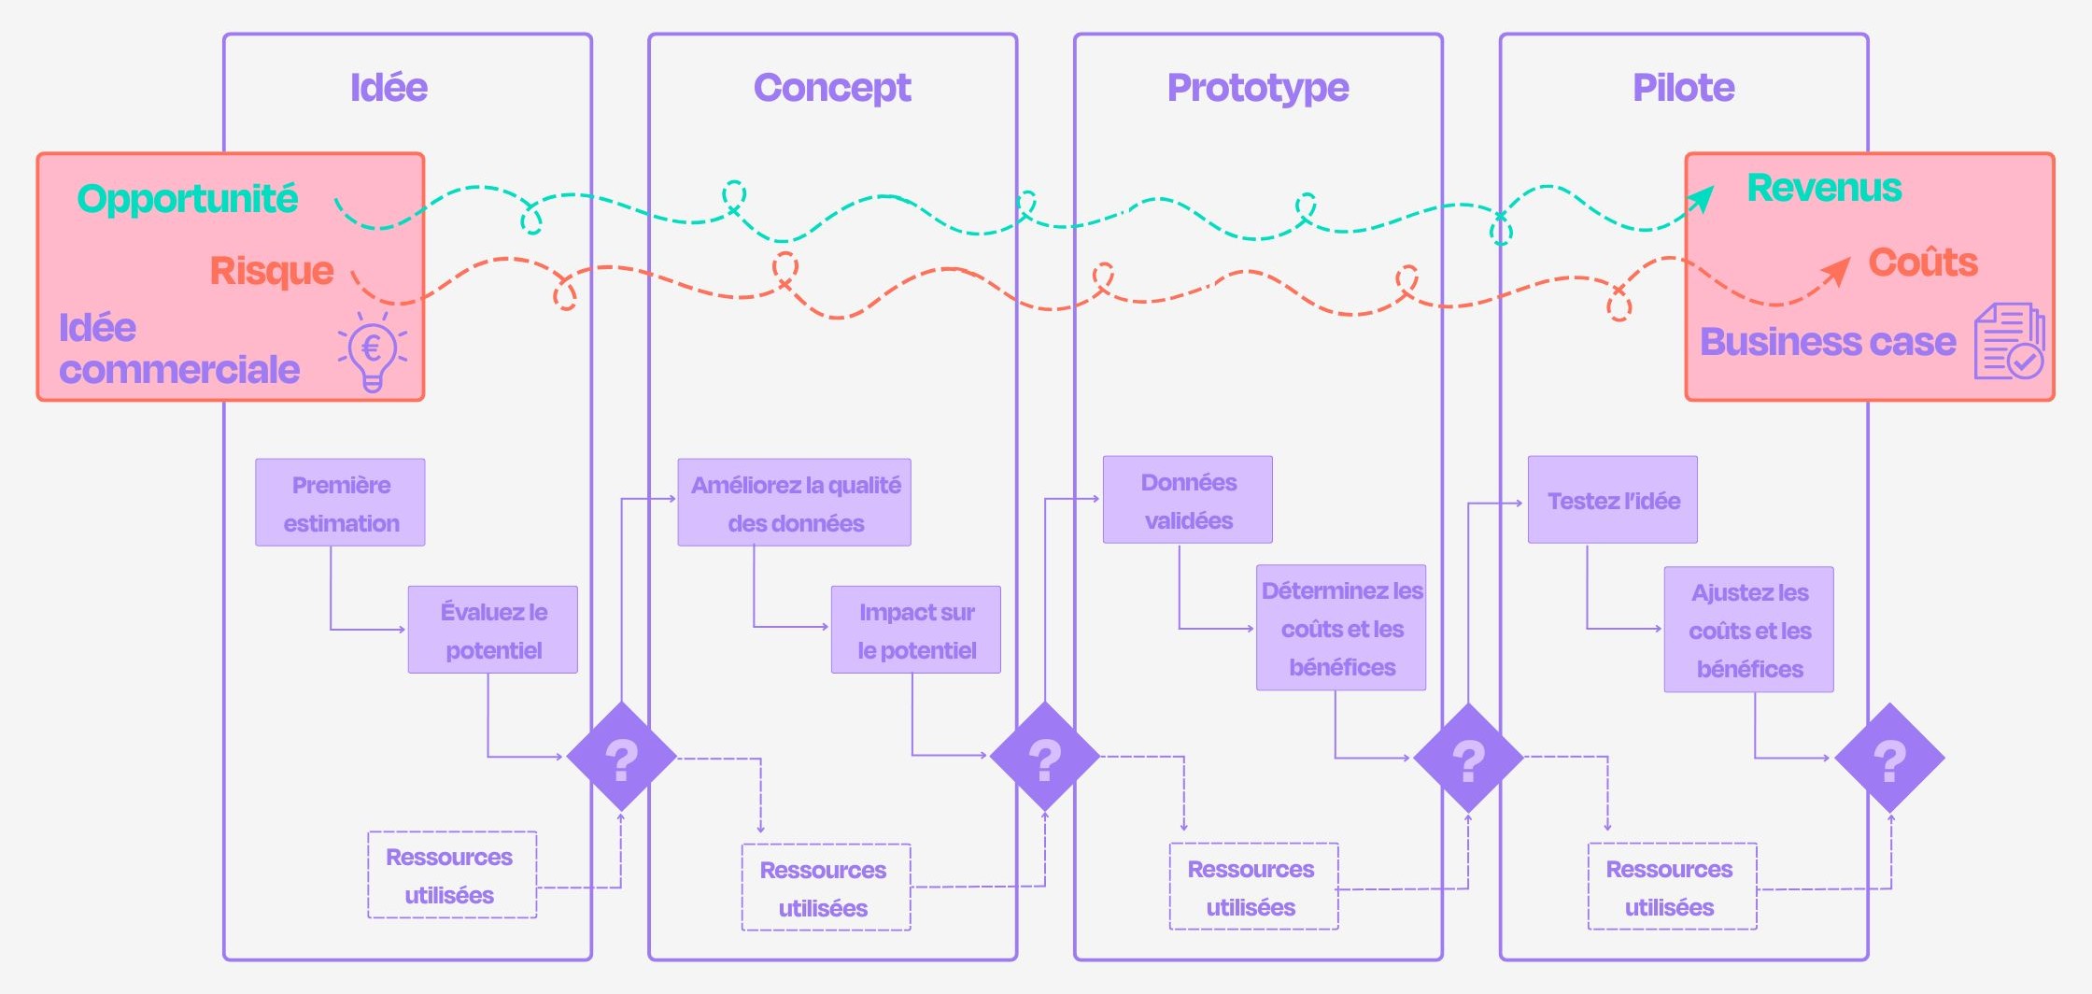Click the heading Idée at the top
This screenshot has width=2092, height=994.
(389, 87)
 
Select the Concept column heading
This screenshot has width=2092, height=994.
(832, 88)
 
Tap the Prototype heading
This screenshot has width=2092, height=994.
(1258, 89)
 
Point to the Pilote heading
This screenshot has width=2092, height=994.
(1684, 87)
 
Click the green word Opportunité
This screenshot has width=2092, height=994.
(187, 199)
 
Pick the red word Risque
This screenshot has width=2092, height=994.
(272, 271)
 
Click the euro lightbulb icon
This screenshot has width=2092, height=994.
(373, 351)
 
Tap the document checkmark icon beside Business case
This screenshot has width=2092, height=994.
(2009, 341)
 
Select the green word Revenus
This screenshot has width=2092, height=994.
(1824, 188)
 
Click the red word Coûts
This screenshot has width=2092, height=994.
(1923, 263)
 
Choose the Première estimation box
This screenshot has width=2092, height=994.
(340, 503)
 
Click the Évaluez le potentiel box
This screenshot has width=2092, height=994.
(492, 630)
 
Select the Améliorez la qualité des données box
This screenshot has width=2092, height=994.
(795, 503)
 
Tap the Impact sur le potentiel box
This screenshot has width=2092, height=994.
(916, 630)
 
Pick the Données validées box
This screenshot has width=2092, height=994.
(1188, 500)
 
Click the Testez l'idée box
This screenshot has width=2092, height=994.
(1613, 500)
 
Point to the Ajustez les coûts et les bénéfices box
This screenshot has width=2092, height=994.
(1749, 630)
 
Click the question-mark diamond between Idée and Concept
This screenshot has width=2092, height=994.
(621, 757)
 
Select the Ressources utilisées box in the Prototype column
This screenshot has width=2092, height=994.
(1253, 887)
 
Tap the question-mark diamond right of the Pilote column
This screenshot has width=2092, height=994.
(1890, 758)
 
